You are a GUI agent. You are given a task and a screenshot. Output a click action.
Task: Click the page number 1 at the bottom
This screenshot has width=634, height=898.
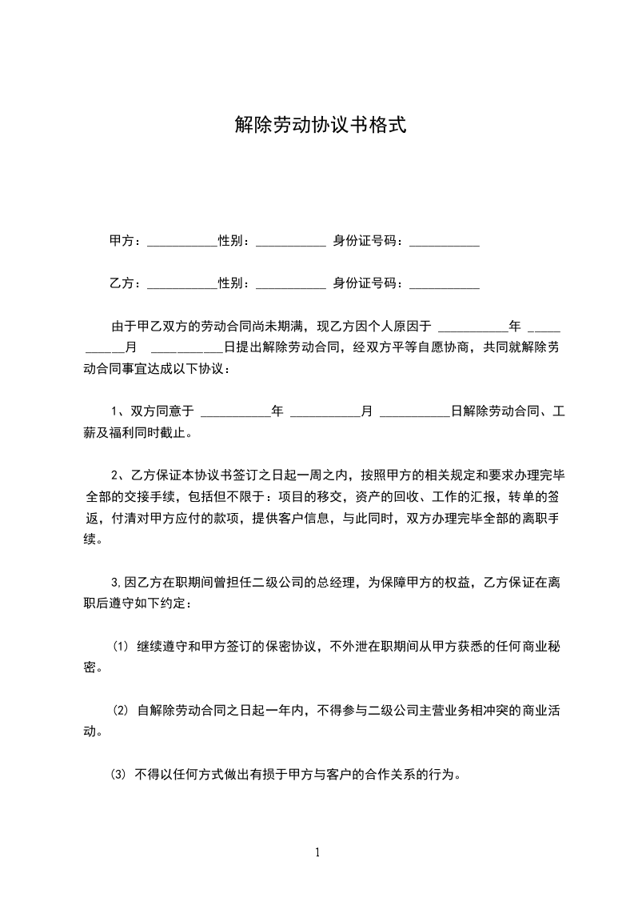317,852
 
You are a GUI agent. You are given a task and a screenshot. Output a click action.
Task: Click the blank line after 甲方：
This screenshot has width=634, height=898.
182,244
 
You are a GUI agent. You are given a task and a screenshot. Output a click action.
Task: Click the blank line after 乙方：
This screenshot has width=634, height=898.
182,287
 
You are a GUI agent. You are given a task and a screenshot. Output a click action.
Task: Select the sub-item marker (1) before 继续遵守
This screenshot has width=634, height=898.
120,645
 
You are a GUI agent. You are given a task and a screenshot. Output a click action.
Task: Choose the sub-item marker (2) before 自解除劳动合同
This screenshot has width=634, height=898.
120,710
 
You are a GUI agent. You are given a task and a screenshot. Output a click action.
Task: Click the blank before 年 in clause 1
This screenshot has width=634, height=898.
235,415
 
